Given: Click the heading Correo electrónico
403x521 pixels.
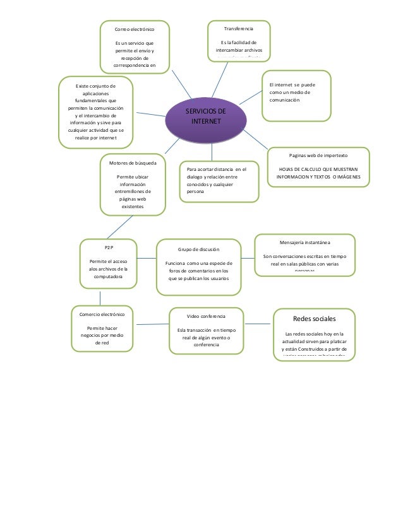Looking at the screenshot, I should click(133, 30).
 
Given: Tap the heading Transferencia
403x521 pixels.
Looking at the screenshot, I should click(239, 29).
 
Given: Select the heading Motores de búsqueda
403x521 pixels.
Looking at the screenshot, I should click(133, 163).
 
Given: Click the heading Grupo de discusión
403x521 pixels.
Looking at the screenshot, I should click(198, 249).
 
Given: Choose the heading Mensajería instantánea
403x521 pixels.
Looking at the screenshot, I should click(304, 242).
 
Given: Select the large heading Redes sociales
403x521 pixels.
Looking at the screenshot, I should click(315, 319).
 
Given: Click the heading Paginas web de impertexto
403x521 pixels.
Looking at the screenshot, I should click(318, 155).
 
